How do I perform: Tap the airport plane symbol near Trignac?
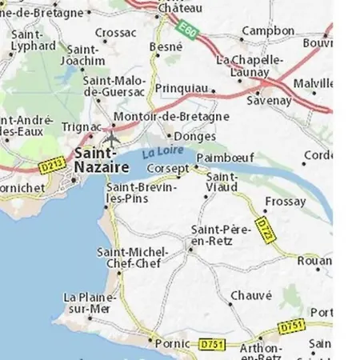[x=111, y=139]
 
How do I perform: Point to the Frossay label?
[x=285, y=202]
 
